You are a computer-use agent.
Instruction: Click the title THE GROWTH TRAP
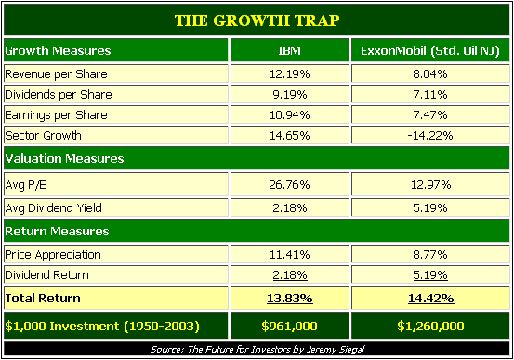point(257,20)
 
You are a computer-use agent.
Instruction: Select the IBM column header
point(289,50)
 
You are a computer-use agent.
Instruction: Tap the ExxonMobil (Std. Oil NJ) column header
point(430,51)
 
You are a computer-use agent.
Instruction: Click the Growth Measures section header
point(58,50)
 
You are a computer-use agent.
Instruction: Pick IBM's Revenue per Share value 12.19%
point(289,74)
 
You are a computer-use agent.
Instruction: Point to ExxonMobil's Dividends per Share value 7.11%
point(430,95)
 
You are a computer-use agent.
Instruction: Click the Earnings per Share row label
point(56,115)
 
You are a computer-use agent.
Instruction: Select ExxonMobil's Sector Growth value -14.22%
point(430,135)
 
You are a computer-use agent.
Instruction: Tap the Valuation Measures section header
point(64,158)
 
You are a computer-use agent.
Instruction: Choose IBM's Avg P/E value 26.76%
point(289,185)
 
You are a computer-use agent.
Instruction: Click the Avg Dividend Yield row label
point(53,208)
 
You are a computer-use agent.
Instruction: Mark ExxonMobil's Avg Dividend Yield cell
point(430,208)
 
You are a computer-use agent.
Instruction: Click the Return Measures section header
point(57,232)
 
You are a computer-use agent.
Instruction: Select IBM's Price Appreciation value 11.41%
point(289,255)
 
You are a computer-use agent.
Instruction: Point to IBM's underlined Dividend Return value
point(290,275)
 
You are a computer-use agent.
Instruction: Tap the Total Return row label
point(43,298)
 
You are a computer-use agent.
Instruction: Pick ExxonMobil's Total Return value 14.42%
point(430,299)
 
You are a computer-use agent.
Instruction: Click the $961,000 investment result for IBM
point(289,326)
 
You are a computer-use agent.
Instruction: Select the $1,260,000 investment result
point(430,326)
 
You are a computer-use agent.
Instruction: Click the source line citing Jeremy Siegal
point(257,349)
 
